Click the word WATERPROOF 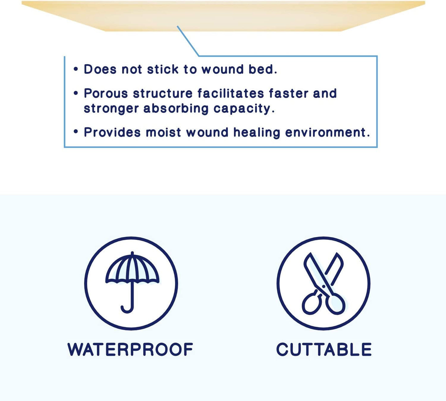[x=130, y=349]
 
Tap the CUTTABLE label [x=324, y=349]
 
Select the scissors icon [x=324, y=283]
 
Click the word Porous [x=106, y=93]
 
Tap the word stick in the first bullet [x=163, y=69]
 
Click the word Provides [x=112, y=132]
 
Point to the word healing [x=256, y=133]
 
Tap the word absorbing [x=176, y=109]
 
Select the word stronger [x=111, y=109]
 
